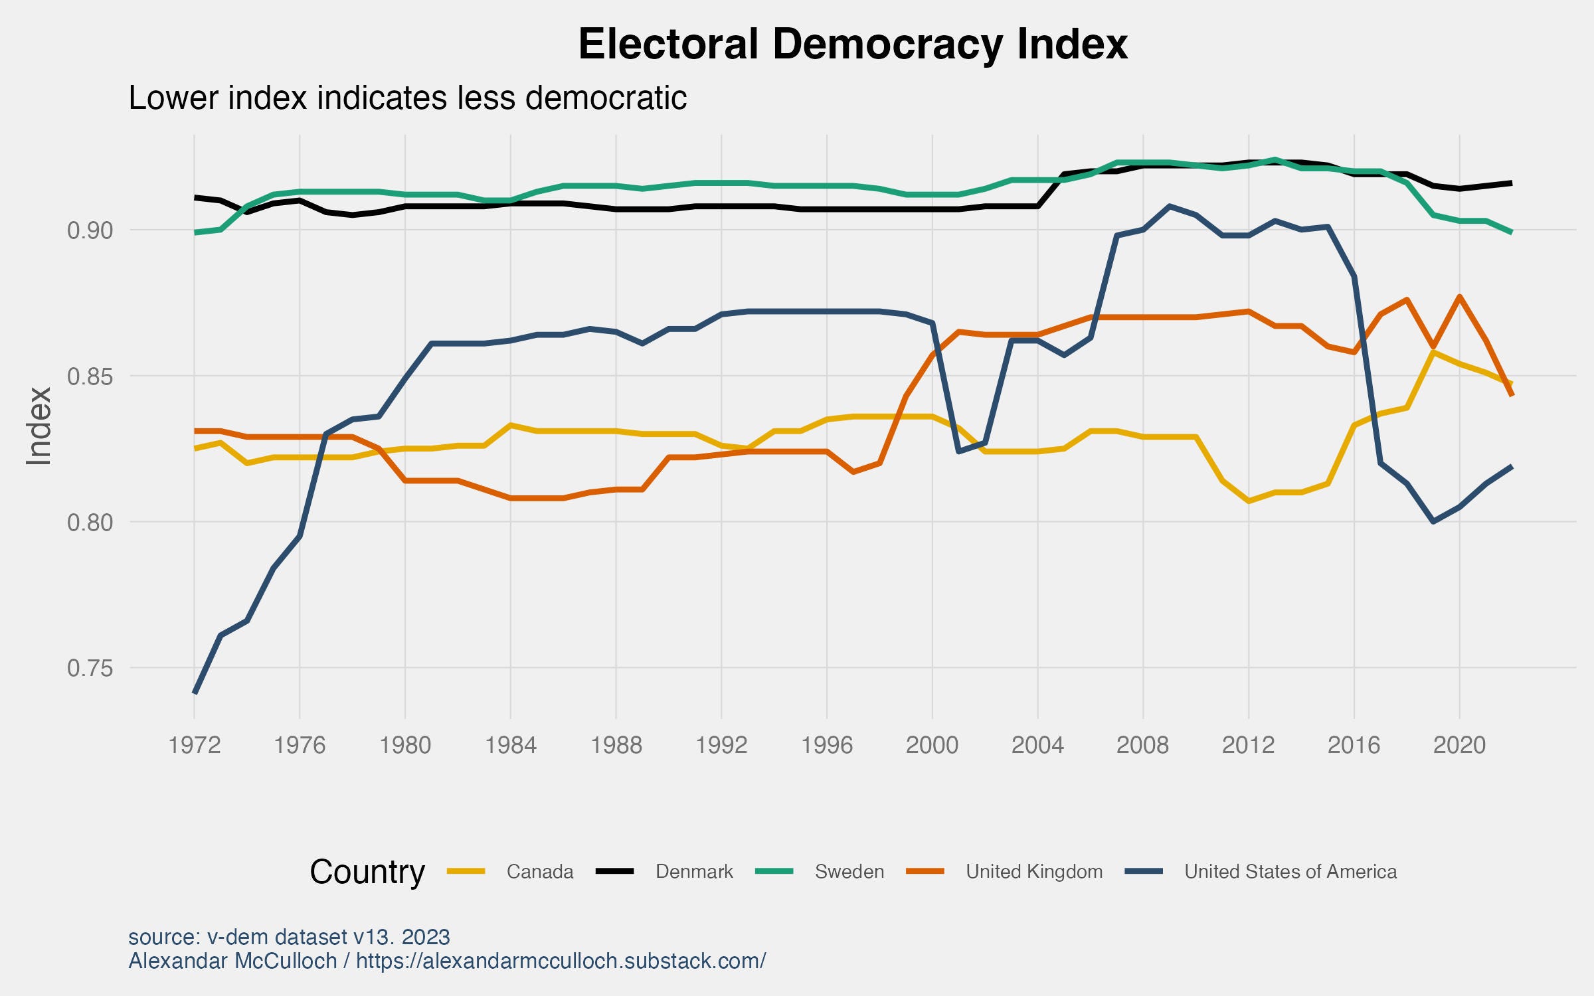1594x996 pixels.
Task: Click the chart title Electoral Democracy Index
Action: click(853, 45)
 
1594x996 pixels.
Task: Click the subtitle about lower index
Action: click(407, 98)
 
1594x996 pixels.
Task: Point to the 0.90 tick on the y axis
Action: click(90, 230)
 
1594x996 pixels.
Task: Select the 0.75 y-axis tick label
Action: click(90, 668)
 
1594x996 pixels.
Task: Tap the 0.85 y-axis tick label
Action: click(90, 376)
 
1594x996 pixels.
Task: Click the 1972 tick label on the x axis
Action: click(194, 745)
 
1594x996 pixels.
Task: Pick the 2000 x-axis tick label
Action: click(932, 745)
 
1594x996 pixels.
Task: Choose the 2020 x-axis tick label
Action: click(1459, 745)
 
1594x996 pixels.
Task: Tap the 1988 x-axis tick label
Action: click(616, 745)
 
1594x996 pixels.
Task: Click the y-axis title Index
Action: click(39, 426)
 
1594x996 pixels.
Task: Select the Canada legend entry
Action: click(539, 872)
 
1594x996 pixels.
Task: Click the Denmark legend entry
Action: click(694, 872)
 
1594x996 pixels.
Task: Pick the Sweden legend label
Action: click(849, 872)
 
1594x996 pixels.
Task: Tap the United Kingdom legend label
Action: click(1034, 872)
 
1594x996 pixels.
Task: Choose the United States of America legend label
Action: click(1290, 872)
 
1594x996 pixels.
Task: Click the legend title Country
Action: click(367, 872)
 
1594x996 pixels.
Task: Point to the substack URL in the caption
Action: click(561, 961)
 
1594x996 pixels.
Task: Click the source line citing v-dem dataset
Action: click(289, 937)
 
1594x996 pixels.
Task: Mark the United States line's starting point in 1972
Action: click(195, 693)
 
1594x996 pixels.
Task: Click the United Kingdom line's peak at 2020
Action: click(1459, 296)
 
